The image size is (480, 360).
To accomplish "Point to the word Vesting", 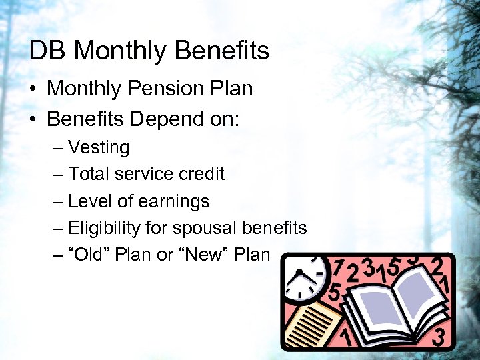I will (99, 147).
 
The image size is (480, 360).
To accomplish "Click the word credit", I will (202, 174).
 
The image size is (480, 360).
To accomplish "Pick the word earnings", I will (179, 201).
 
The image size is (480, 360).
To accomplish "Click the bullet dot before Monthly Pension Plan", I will (34, 89).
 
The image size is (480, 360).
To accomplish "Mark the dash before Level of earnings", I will (58, 201).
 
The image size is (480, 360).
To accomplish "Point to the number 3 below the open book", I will (438, 337).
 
